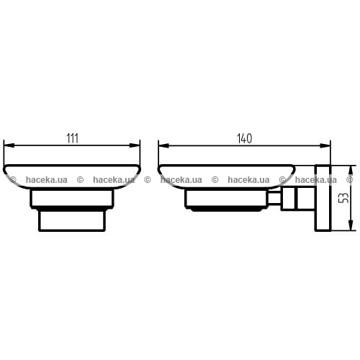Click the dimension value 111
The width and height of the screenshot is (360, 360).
[x=72, y=138]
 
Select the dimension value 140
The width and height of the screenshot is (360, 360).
[x=245, y=138]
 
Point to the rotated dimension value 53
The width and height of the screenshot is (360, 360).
[x=345, y=198]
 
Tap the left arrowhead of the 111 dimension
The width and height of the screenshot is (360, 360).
[x=9, y=145]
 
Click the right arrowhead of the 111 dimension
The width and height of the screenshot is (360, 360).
[x=135, y=145]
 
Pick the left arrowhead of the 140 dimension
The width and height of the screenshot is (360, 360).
[x=163, y=145]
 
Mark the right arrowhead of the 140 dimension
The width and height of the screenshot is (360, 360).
[x=325, y=145]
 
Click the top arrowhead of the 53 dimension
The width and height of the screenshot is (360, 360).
[x=351, y=171]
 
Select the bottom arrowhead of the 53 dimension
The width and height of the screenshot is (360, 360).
[x=351, y=225]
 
